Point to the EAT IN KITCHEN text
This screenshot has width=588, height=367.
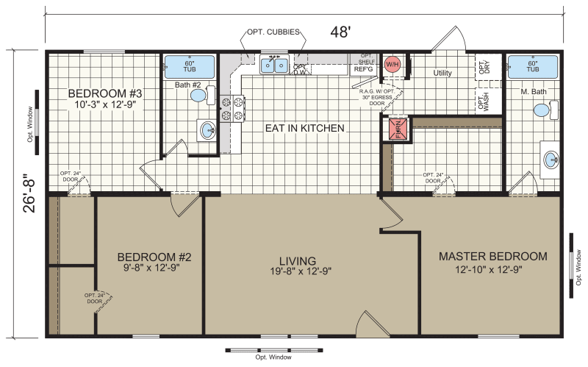pyautogui.click(x=304, y=128)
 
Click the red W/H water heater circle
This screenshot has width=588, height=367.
pyautogui.click(x=392, y=64)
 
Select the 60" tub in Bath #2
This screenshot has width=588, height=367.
pyautogui.click(x=190, y=67)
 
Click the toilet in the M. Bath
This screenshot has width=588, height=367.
pyautogui.click(x=545, y=110)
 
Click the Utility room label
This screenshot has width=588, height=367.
pyautogui.click(x=442, y=73)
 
